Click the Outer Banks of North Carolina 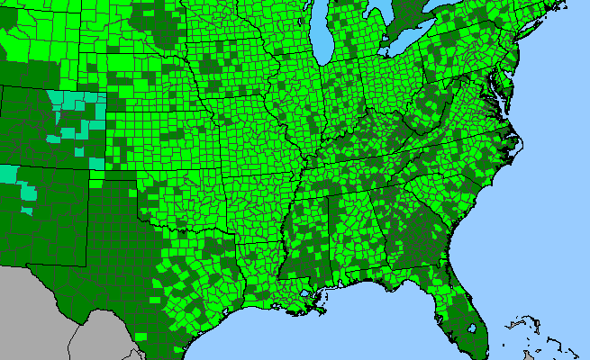click(517, 144)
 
